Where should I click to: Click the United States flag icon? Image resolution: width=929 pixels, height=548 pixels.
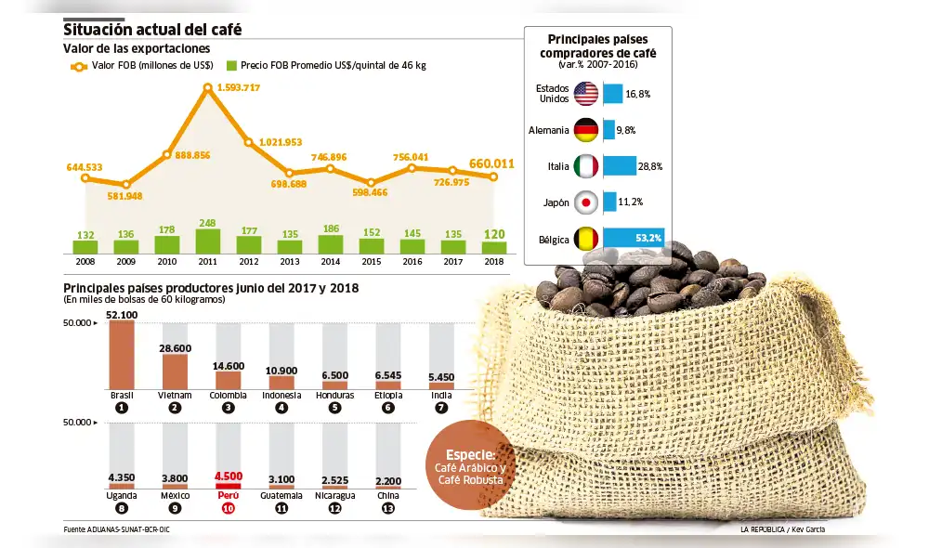pos(585,94)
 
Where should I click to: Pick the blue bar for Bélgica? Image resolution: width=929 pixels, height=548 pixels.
pos(633,239)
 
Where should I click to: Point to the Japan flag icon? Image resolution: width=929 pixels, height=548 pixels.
pos(585,202)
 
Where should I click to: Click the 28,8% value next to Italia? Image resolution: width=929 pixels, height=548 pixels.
pos(650,166)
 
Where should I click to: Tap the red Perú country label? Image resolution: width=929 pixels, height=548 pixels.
pos(228,495)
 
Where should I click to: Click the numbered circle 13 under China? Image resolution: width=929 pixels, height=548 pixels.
pos(389,508)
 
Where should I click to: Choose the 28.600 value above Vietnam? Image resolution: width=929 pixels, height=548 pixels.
pos(175,347)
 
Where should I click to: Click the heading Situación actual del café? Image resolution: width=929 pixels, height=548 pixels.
pos(152,29)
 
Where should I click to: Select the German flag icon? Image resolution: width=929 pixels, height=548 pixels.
pos(585,130)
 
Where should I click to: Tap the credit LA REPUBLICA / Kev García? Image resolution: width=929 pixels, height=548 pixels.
pos(782,529)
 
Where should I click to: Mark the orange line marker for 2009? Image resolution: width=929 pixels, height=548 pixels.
pos(126,185)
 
